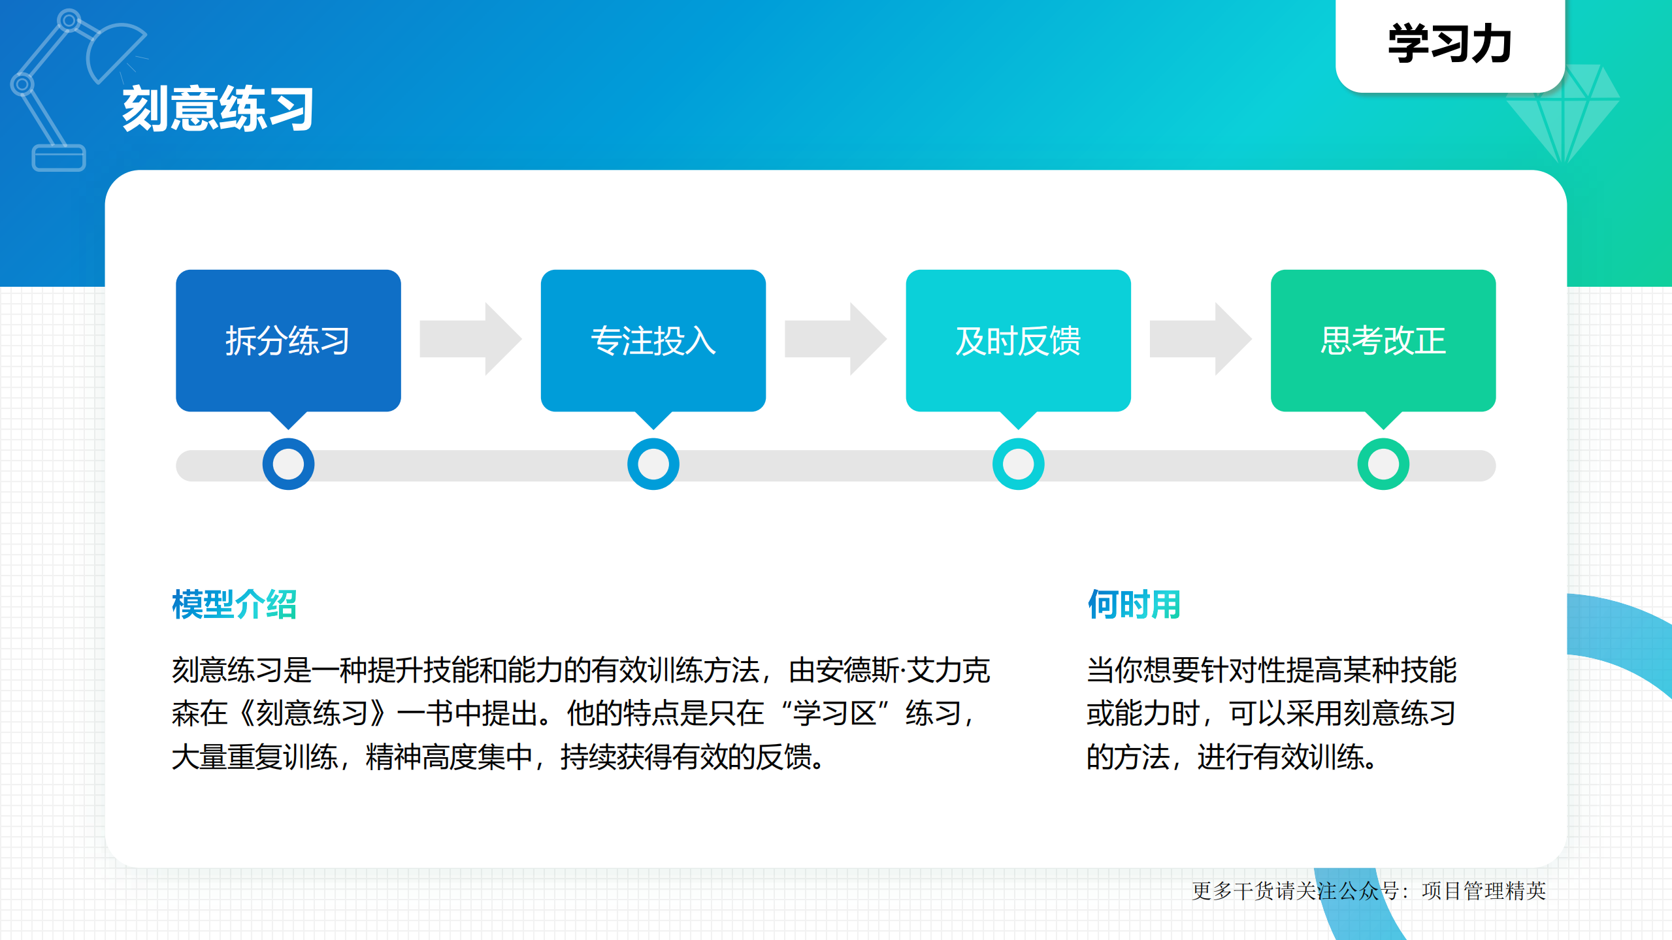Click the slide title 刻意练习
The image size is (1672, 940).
click(x=218, y=108)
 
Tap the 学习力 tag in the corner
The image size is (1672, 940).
click(x=1449, y=44)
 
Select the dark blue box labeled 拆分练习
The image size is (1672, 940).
click(x=287, y=340)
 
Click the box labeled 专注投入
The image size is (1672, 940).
click(x=653, y=340)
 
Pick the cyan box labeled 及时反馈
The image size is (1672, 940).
click(x=1017, y=340)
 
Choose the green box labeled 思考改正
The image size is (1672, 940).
click(x=1383, y=340)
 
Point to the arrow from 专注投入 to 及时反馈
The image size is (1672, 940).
click(x=835, y=339)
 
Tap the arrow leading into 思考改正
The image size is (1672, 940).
click(x=1200, y=339)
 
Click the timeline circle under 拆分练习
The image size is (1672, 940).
click(x=288, y=464)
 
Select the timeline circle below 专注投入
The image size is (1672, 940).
click(x=653, y=464)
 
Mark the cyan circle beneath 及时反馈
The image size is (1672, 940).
click(x=1018, y=464)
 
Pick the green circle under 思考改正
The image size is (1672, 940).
click(x=1383, y=464)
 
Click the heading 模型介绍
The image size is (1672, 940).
click(x=234, y=604)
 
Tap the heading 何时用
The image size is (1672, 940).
click(x=1134, y=604)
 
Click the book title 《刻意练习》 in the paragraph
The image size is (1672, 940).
click(x=312, y=713)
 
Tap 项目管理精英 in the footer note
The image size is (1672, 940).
click(x=1483, y=891)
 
